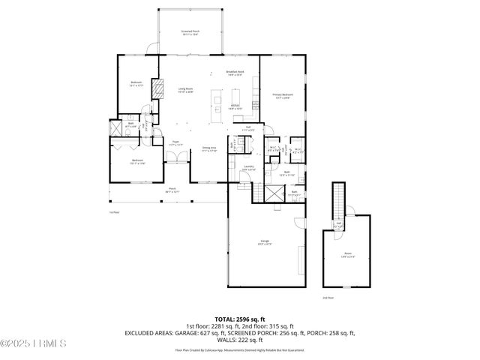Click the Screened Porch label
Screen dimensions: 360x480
point(190,33)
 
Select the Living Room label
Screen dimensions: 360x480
point(185,91)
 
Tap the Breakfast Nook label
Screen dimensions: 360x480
point(235,73)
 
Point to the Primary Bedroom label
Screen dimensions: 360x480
point(283,96)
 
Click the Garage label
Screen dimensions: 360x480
point(264,242)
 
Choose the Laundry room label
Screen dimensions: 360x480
point(249,168)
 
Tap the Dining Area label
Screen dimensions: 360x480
point(208,149)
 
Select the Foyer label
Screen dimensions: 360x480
point(176,142)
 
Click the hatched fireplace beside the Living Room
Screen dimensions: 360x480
point(158,89)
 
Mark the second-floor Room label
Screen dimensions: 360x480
point(348,255)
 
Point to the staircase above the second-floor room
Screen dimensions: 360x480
point(337,199)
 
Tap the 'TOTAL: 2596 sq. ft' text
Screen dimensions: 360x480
point(239,319)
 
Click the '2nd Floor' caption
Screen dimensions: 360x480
point(327,298)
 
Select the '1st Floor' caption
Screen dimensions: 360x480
point(115,212)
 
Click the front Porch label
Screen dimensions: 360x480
point(172,190)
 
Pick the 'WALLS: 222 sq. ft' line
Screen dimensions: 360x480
point(239,339)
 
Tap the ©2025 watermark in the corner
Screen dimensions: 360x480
point(34,344)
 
